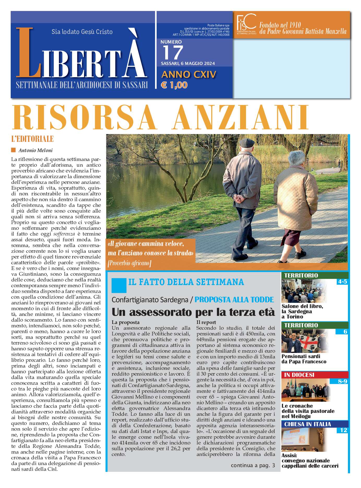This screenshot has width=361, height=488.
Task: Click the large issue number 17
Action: (173, 52)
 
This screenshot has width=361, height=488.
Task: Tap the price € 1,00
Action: (174, 85)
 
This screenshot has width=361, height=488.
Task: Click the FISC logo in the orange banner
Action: (246, 24)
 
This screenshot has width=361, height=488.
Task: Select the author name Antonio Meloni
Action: (35, 150)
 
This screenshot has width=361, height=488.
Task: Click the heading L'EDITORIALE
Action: (32, 139)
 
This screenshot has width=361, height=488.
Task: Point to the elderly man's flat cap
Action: (247, 143)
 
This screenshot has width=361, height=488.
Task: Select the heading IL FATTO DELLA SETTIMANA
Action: (186, 282)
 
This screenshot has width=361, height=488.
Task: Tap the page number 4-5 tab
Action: (342, 282)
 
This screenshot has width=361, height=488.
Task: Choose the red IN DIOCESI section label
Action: (299, 375)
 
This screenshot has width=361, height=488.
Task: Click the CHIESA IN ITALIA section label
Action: (307, 424)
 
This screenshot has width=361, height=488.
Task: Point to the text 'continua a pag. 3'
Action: (253, 465)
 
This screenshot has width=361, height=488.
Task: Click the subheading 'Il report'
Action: (206, 322)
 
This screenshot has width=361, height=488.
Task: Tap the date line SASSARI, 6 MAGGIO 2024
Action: (188, 64)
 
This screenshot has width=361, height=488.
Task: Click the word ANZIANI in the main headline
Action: (241, 117)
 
